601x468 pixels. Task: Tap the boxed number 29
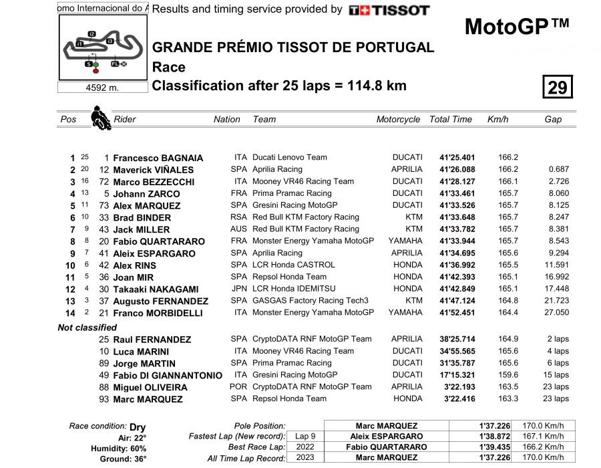(x=557, y=87)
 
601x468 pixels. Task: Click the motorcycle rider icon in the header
(x=101, y=118)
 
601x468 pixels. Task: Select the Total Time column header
(x=451, y=120)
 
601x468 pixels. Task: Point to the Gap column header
(x=553, y=120)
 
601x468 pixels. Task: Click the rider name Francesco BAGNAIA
(x=158, y=158)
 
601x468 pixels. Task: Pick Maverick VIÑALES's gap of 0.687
(x=557, y=170)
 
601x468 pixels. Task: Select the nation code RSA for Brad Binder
(x=238, y=217)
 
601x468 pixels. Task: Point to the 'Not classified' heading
(x=87, y=328)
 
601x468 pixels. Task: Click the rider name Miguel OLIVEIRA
(x=150, y=388)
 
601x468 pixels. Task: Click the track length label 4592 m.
(x=102, y=88)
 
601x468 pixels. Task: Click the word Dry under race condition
(x=138, y=427)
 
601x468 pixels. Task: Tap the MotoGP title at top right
(x=517, y=27)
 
